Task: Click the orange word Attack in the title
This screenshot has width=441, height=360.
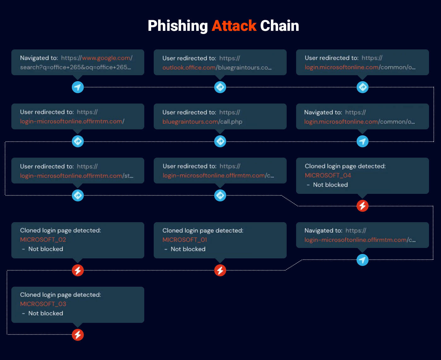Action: (234, 26)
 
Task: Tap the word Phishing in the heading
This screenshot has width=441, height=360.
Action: (178, 26)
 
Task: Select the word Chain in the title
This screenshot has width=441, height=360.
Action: (279, 26)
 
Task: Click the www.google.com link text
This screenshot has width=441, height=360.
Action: (106, 58)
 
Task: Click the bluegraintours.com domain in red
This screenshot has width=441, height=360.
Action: (190, 121)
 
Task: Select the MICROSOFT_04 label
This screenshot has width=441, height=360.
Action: (328, 175)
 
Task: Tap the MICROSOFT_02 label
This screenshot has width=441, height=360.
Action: (43, 239)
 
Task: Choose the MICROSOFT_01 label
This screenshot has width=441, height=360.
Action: (185, 239)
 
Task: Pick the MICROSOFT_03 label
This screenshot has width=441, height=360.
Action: (43, 304)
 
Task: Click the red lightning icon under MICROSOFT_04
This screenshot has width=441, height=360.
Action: (362, 206)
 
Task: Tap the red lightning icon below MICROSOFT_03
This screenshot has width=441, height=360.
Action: (78, 335)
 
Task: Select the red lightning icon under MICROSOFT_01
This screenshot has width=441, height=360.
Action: (220, 270)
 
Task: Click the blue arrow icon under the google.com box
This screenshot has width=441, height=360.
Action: (78, 87)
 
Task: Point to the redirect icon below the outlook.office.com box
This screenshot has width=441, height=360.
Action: (220, 87)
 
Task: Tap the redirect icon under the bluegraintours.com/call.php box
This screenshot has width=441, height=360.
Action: (220, 141)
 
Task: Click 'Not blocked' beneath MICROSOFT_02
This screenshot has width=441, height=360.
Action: (46, 249)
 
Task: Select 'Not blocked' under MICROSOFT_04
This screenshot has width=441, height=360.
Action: (330, 185)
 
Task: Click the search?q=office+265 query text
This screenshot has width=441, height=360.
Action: (75, 67)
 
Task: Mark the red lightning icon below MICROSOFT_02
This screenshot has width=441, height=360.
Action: (78, 270)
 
